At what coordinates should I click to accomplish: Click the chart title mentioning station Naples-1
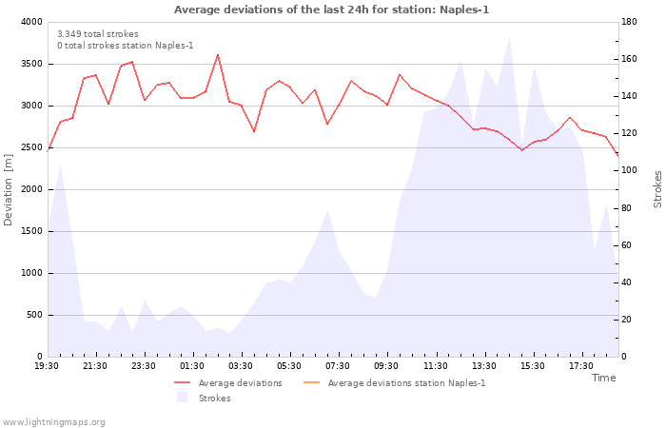click(x=331, y=10)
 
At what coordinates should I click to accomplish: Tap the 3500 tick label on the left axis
click(x=31, y=64)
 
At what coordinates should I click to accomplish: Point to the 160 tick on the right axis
click(x=629, y=59)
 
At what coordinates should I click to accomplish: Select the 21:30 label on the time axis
click(x=95, y=366)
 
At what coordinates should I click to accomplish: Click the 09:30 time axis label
click(x=386, y=366)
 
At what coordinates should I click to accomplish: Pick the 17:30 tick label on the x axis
click(x=581, y=366)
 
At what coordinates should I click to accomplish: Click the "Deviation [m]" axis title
click(x=8, y=189)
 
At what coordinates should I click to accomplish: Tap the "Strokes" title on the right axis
click(x=657, y=189)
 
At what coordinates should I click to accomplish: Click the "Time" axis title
click(x=603, y=378)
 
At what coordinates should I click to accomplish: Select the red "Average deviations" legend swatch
click(x=183, y=383)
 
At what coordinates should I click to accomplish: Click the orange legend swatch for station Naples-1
click(x=312, y=383)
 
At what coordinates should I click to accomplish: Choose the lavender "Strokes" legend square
click(x=183, y=398)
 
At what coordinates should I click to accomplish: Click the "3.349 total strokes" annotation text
click(x=98, y=34)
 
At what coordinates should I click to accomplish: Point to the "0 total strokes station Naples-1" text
click(x=126, y=46)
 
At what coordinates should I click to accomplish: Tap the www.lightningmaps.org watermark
click(x=52, y=422)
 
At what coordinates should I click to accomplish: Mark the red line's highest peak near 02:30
click(x=218, y=55)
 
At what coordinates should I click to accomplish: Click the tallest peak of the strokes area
click(x=509, y=37)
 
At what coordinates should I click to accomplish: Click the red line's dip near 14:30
click(x=522, y=150)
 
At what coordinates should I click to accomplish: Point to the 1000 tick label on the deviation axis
click(x=31, y=274)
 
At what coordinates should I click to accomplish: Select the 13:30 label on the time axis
click(x=483, y=366)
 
